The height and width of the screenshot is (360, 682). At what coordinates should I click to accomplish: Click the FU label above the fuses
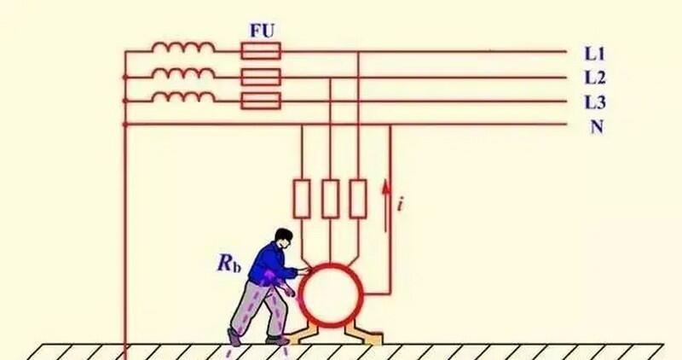[x=262, y=31]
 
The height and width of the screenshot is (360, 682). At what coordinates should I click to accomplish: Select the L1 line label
[x=594, y=54]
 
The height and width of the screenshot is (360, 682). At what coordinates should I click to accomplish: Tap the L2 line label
[x=594, y=78]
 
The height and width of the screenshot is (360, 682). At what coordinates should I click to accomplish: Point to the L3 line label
[x=594, y=102]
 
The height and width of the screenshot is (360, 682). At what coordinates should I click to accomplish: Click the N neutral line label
[x=597, y=126]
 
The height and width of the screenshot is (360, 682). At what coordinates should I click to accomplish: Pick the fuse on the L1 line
[x=261, y=51]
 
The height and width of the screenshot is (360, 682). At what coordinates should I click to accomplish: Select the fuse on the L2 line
[x=261, y=77]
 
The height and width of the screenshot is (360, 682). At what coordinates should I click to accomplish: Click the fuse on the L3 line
[x=261, y=101]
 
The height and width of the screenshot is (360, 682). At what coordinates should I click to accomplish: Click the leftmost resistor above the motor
[x=302, y=199]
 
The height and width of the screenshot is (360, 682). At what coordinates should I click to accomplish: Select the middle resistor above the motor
[x=331, y=199]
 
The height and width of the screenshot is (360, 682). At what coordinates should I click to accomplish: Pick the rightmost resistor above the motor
[x=358, y=199]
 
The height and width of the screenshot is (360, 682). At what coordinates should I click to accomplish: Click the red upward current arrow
[x=385, y=206]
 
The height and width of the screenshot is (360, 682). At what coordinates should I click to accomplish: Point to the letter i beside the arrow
[x=401, y=203]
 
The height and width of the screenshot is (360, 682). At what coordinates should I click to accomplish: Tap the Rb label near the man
[x=229, y=263]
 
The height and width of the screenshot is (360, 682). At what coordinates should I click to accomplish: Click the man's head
[x=283, y=238]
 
